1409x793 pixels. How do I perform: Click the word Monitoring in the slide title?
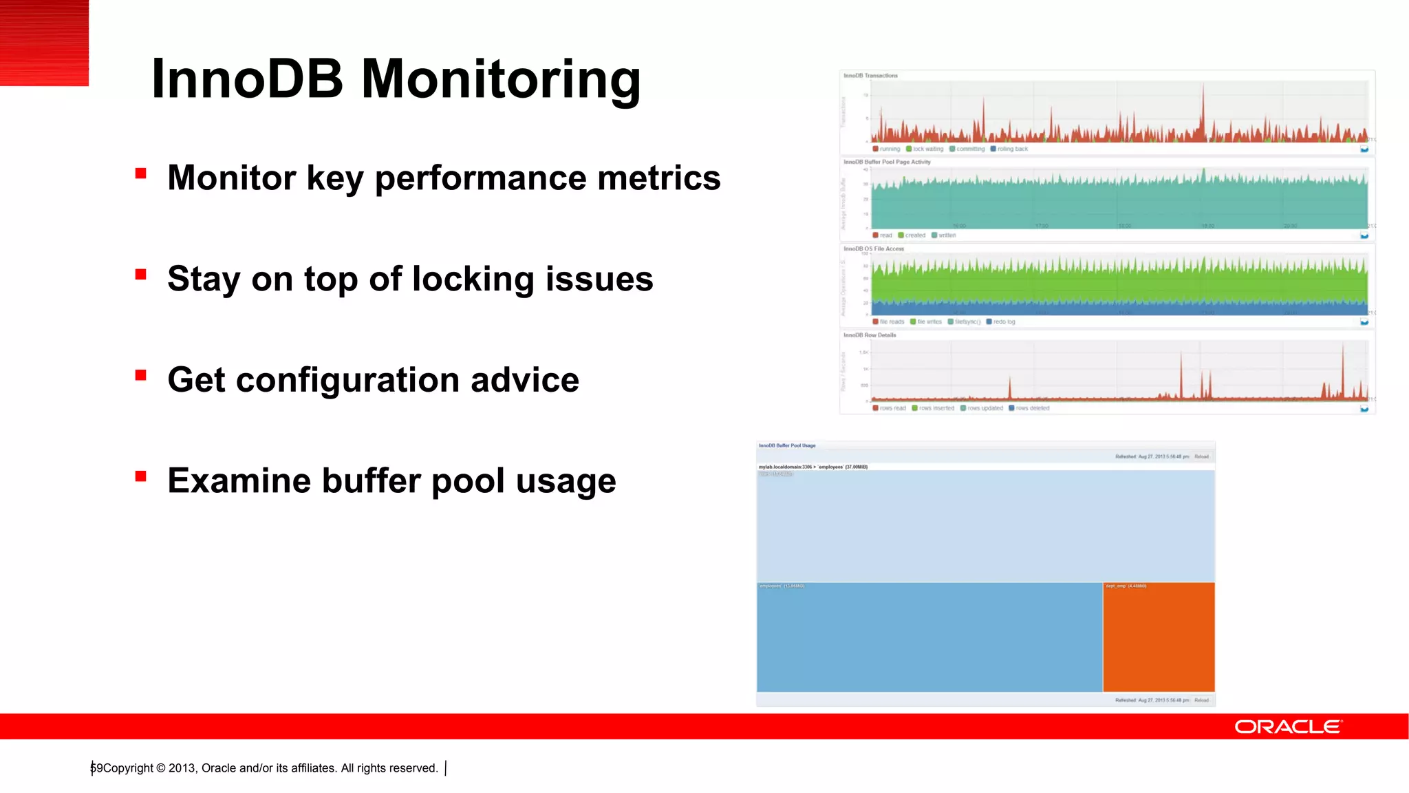click(x=500, y=81)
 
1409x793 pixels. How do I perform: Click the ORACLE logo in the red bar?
click(x=1288, y=727)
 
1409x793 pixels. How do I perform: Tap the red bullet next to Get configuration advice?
click(x=141, y=375)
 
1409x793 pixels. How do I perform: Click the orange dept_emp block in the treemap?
click(x=1159, y=637)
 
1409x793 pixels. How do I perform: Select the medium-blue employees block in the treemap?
click(x=929, y=637)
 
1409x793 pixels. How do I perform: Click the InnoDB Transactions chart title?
click(x=870, y=76)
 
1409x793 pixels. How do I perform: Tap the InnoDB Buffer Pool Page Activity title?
click(x=887, y=162)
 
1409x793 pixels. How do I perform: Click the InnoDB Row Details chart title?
click(x=870, y=335)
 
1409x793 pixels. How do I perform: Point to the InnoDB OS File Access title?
click(x=874, y=249)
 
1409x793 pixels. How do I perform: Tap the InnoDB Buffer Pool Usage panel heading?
click(x=787, y=445)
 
